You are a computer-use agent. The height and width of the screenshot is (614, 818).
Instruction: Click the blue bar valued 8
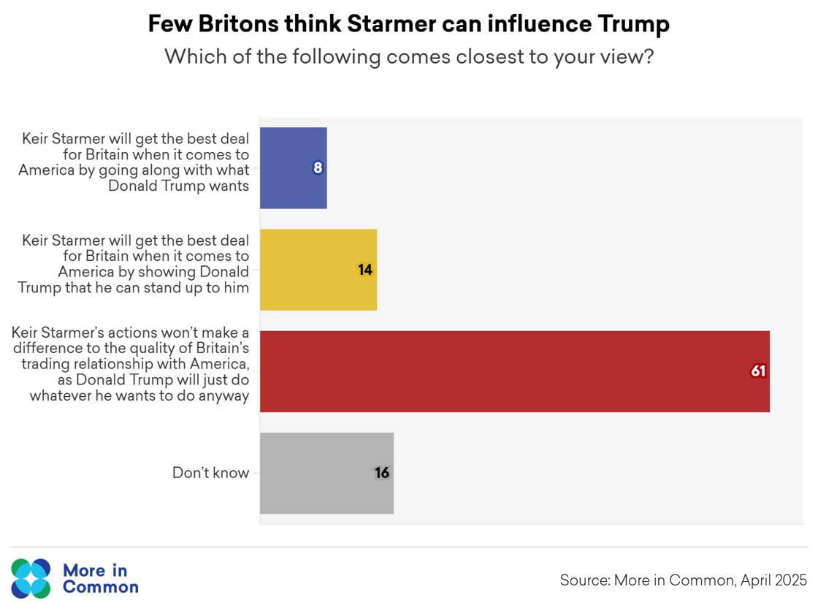[293, 168]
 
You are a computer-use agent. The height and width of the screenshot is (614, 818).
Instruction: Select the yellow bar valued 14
[318, 270]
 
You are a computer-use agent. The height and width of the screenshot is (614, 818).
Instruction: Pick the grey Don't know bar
[326, 473]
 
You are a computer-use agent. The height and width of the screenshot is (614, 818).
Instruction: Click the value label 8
[318, 168]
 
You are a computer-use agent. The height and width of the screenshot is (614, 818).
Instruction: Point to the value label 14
[365, 270]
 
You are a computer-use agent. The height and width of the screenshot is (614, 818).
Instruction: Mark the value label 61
[758, 371]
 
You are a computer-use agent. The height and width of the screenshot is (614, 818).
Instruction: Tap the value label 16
[382, 473]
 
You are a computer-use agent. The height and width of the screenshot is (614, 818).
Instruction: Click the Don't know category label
[210, 473]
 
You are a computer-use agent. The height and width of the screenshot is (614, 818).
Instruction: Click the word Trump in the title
[633, 24]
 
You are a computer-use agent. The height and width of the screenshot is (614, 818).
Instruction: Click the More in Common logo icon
[31, 578]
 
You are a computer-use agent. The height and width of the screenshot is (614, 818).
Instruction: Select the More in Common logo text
[100, 578]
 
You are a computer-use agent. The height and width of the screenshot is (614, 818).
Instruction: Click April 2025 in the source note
[773, 580]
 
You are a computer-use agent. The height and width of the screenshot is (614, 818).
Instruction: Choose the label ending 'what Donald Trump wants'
[136, 162]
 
